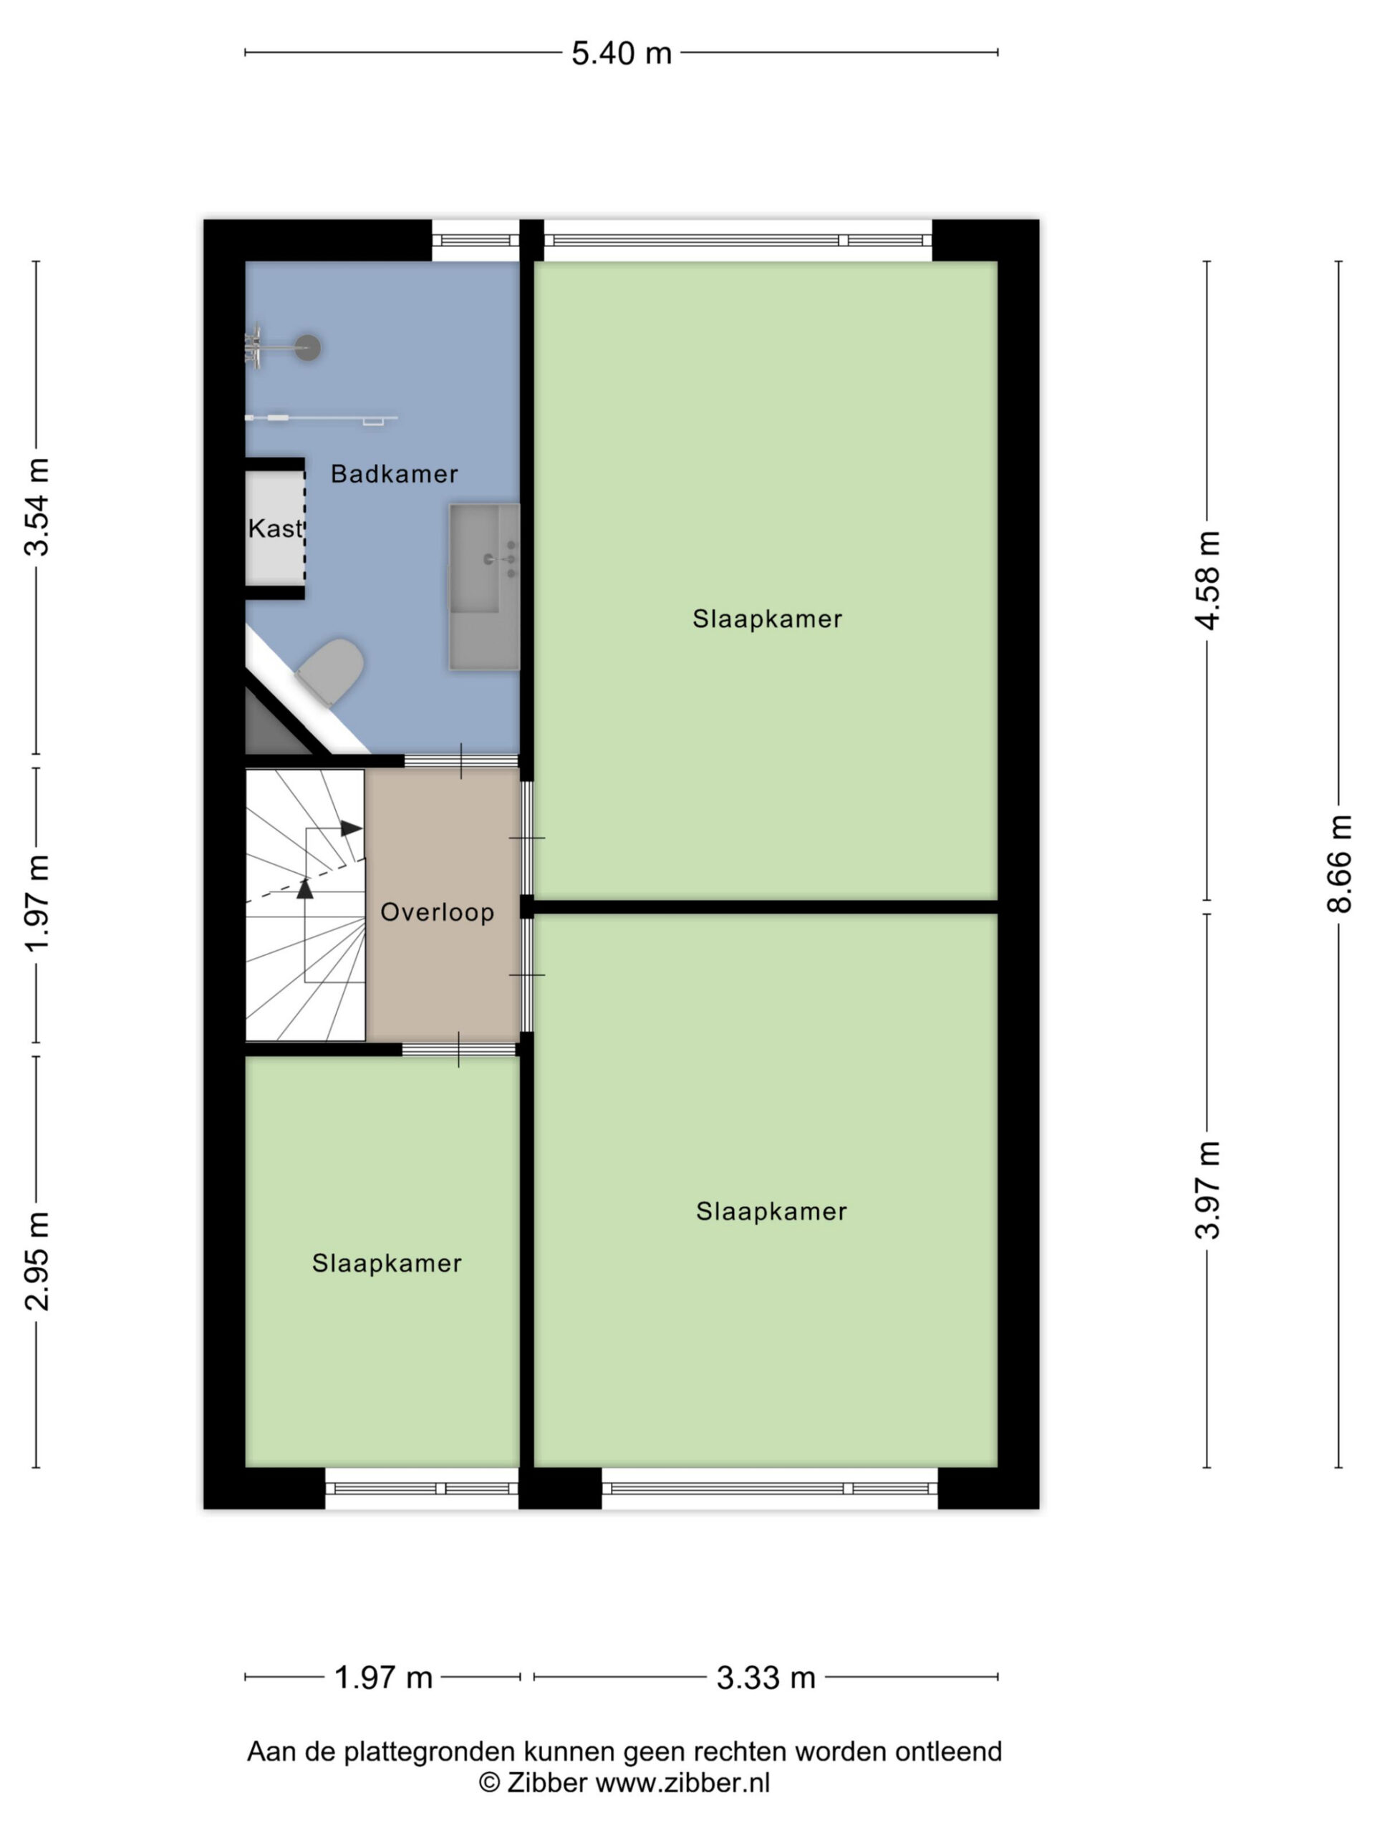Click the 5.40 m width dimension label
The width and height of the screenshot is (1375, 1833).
click(621, 54)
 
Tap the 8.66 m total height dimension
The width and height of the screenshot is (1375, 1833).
click(1338, 864)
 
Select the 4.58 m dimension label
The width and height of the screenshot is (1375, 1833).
click(1207, 581)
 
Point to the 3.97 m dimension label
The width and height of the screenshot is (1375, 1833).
click(1207, 1189)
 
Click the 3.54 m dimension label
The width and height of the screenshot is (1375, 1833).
click(37, 506)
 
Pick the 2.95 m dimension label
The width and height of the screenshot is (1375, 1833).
click(37, 1260)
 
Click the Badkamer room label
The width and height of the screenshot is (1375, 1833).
click(395, 474)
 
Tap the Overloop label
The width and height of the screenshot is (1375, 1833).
click(438, 912)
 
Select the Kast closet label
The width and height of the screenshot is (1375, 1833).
click(275, 528)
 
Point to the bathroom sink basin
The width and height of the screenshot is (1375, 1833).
click(485, 586)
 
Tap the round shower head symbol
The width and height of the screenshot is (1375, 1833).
click(309, 347)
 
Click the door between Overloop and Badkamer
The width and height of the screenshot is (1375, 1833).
click(460, 760)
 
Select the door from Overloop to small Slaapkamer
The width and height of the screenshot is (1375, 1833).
click(459, 1049)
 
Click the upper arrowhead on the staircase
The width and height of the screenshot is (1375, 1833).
click(352, 828)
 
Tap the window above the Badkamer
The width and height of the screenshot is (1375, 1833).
click(476, 241)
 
